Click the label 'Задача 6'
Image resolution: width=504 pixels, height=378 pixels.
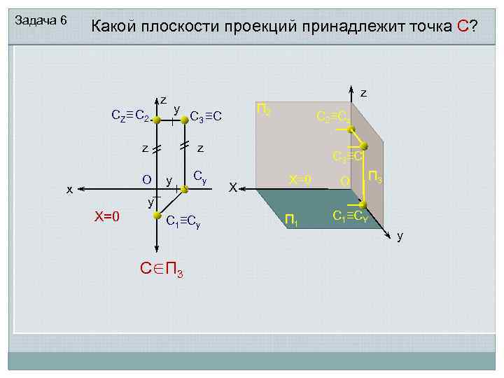point(41,20)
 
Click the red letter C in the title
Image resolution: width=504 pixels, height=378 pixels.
point(463,27)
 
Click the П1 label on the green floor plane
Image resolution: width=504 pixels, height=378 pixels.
point(291,222)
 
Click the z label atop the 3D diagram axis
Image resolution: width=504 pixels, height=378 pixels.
point(363,92)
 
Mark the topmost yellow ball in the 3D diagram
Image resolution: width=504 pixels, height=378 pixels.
point(351,129)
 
